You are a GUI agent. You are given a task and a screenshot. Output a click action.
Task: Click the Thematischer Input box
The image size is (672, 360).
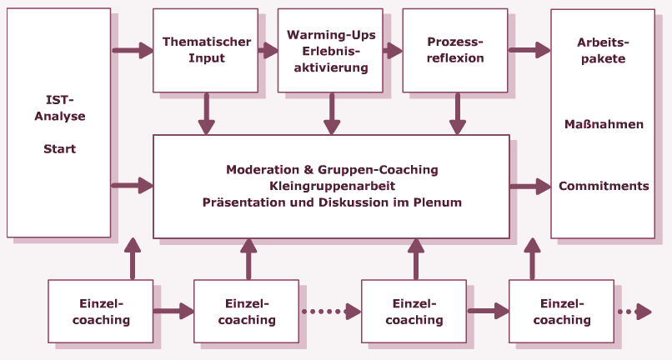[205, 50]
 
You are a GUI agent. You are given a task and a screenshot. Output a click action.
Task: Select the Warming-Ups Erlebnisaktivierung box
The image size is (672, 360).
[331, 50]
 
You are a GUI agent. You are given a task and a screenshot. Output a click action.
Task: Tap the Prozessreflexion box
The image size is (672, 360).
[455, 50]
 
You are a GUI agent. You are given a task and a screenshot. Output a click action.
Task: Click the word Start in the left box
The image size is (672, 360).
[59, 149]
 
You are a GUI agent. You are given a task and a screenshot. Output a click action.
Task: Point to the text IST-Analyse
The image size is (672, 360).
[59, 108]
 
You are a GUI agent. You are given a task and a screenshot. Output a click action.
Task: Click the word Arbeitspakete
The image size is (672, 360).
[603, 50]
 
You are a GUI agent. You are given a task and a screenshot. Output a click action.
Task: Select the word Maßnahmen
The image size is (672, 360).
[603, 124]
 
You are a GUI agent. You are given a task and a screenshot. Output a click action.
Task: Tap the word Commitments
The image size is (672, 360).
[603, 186]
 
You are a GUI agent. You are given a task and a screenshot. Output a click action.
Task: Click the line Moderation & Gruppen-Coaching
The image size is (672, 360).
[332, 169]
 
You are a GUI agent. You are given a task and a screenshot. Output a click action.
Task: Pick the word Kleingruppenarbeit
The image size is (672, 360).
[332, 186]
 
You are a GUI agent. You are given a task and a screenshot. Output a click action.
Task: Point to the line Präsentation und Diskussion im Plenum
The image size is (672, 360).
[332, 202]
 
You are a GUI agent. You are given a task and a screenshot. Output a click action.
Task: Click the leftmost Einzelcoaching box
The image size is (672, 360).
[100, 311]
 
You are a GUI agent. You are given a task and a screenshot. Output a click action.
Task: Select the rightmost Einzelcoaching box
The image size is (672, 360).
[561, 311]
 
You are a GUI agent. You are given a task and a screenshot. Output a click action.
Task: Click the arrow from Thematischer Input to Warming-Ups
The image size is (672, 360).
[268, 51]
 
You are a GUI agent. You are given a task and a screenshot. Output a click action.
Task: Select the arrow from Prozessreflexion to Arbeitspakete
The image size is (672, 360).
[529, 51]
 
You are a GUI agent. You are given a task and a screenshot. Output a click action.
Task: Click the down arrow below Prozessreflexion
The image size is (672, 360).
[457, 113]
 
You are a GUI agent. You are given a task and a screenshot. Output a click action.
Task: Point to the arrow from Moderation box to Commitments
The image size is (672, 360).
[529, 186]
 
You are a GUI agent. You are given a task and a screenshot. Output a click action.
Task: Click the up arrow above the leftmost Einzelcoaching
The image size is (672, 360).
[132, 258]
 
